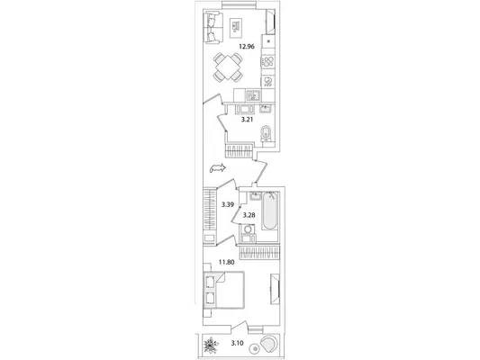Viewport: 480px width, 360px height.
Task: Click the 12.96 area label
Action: pyautogui.click(x=247, y=47)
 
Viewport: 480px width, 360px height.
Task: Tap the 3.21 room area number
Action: pyautogui.click(x=247, y=120)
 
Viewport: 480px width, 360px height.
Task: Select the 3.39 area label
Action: pyautogui.click(x=228, y=204)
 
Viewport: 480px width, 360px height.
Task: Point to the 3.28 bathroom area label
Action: pyautogui.click(x=249, y=215)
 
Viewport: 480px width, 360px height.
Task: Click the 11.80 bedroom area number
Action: pyautogui.click(x=227, y=262)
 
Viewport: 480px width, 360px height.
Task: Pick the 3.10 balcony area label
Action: pyautogui.click(x=237, y=343)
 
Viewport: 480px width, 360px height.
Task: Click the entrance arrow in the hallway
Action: pyautogui.click(x=218, y=168)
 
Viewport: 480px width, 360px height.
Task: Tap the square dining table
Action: pyautogui.click(x=228, y=67)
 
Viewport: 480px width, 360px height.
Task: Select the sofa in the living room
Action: pyautogui.click(x=213, y=27)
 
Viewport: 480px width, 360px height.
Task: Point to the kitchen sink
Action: pyautogui.click(x=253, y=96)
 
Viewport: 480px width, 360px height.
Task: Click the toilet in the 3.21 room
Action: pyautogui.click(x=266, y=134)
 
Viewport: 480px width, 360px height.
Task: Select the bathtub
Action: pyautogui.click(x=269, y=211)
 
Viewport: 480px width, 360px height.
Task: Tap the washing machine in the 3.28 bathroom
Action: pyautogui.click(x=248, y=229)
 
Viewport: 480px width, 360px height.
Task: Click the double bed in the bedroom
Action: pyautogui.click(x=224, y=291)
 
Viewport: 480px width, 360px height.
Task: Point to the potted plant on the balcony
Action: pyautogui.click(x=212, y=346)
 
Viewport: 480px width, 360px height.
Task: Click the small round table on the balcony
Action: pyautogui.click(x=255, y=349)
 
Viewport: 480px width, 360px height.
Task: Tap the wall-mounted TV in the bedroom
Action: pyautogui.click(x=275, y=289)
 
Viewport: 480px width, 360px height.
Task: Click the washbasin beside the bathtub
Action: pyautogui.click(x=255, y=196)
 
